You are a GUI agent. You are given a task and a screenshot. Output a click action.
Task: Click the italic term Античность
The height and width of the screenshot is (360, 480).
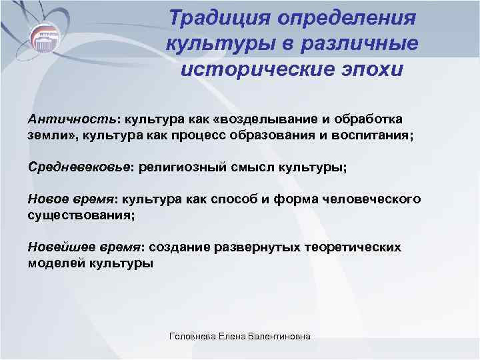[x=65, y=119]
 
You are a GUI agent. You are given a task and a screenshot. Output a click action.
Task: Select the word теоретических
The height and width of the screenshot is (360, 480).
[x=353, y=247]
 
